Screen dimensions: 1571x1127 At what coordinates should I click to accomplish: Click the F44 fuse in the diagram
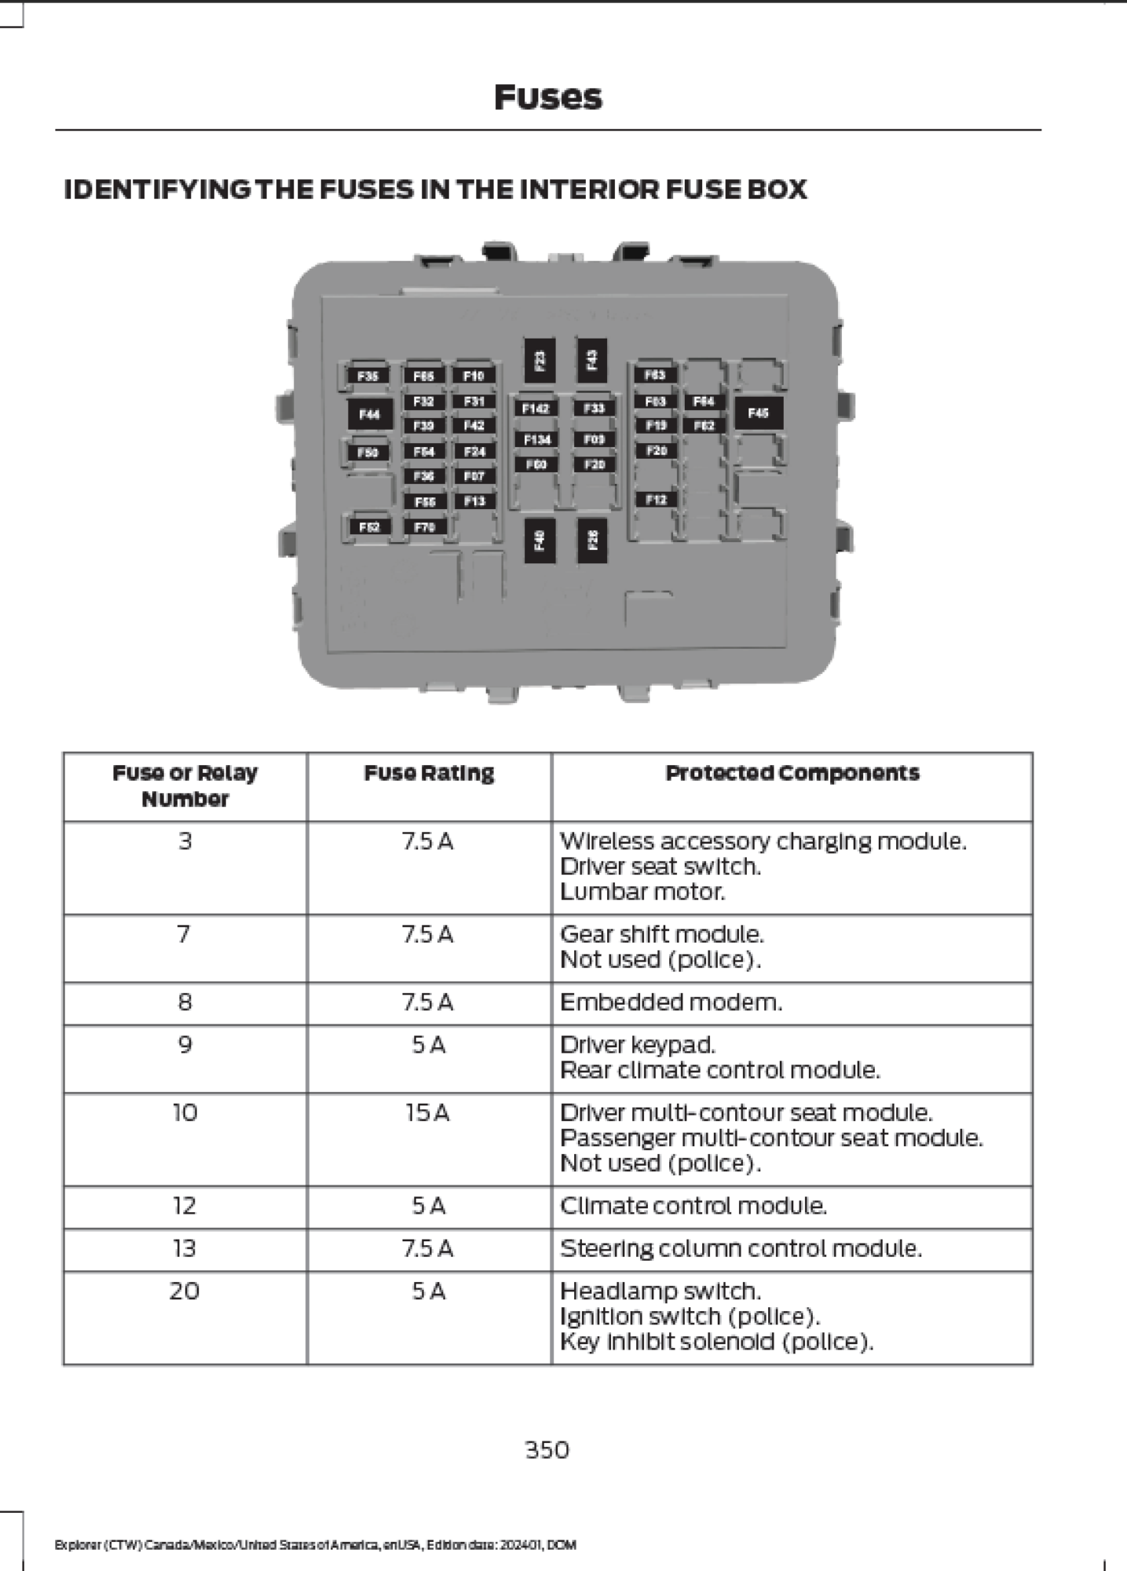370,414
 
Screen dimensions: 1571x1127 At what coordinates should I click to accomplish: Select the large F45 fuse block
758,412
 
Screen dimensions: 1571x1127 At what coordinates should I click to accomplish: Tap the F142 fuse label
536,408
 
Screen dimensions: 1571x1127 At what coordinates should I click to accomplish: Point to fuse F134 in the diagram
536,440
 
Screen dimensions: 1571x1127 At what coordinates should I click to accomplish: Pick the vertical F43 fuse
592,360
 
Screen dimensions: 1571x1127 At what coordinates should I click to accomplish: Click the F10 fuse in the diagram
474,376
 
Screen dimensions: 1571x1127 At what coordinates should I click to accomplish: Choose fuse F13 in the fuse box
474,501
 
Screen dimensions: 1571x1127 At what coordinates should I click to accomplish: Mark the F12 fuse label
656,500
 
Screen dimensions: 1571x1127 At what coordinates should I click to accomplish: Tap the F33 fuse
594,408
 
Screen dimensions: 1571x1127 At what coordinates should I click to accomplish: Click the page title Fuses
547,98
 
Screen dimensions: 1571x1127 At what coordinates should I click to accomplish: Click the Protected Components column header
792,774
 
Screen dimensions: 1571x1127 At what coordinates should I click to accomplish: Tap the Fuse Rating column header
429,774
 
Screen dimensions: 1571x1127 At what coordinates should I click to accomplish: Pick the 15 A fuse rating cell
428,1113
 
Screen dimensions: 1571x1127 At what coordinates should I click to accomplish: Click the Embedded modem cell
671,1002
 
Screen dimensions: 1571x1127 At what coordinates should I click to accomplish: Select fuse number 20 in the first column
185,1291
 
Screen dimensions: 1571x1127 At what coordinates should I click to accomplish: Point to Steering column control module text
740,1249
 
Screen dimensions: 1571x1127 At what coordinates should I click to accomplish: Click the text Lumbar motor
642,892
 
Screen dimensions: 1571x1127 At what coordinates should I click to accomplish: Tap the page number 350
547,1450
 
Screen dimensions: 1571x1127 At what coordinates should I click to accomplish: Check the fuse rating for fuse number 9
428,1046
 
